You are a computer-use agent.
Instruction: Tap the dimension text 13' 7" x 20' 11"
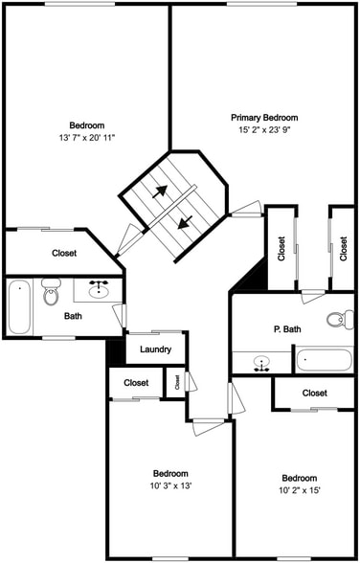coord(87,138)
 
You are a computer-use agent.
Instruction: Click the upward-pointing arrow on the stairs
coord(162,191)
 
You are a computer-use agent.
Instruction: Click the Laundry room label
coord(155,349)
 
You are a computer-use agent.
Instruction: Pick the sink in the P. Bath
coord(262,363)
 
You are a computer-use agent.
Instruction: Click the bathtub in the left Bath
coord(19,306)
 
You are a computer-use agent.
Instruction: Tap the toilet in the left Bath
coord(52,292)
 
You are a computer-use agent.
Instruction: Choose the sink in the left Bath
coord(99,290)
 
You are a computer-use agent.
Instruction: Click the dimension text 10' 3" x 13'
coord(170,485)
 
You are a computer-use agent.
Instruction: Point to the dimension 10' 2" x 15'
coord(299,490)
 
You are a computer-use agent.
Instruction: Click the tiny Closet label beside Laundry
coord(176,381)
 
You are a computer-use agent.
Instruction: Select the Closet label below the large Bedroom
coord(64,254)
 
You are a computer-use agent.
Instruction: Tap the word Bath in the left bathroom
coord(73,315)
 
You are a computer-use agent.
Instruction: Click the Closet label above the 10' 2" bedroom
coord(314,393)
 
